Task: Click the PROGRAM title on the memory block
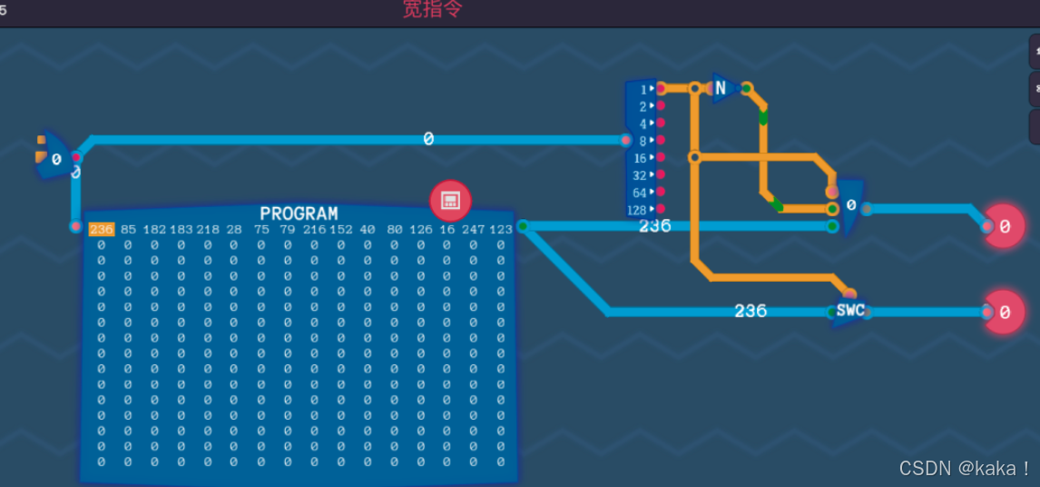tap(299, 214)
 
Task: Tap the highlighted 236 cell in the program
tap(102, 230)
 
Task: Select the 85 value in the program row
tap(128, 230)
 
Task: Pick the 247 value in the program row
tap(473, 230)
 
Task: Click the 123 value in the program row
tap(501, 230)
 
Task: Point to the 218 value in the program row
tap(208, 230)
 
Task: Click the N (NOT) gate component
tap(723, 88)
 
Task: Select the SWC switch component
tap(850, 311)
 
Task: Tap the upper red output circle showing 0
tap(1004, 227)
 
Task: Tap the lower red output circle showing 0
tap(1004, 312)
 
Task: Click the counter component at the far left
tap(54, 158)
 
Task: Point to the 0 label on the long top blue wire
tap(428, 139)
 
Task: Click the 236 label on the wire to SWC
tap(751, 311)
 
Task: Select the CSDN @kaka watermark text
tap(965, 468)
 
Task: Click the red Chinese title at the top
tap(433, 10)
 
